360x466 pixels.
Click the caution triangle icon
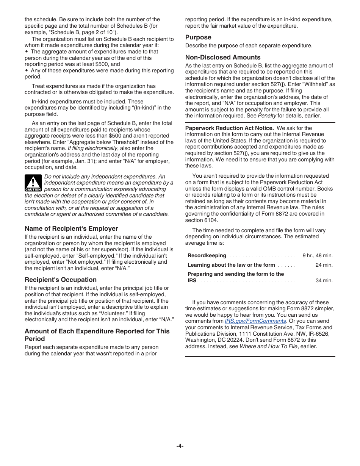click(33, 183)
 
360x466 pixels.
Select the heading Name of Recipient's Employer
click(71, 228)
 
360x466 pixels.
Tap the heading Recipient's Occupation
click(61, 280)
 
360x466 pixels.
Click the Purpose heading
click(198, 37)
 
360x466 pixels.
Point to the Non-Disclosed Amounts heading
click(223, 57)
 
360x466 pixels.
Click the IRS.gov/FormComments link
click(255, 321)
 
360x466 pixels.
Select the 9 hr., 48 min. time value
click(318, 256)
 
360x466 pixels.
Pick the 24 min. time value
click(324, 265)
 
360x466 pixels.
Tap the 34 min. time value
click(324, 281)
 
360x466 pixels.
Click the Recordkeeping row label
click(207, 256)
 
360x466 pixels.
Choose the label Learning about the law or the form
click(231, 265)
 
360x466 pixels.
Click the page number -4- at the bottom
click(180, 446)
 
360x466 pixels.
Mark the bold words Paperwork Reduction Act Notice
click(229, 128)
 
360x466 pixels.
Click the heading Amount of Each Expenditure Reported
click(97, 331)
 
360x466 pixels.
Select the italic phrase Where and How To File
click(268, 346)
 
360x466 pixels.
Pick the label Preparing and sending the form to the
click(236, 274)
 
